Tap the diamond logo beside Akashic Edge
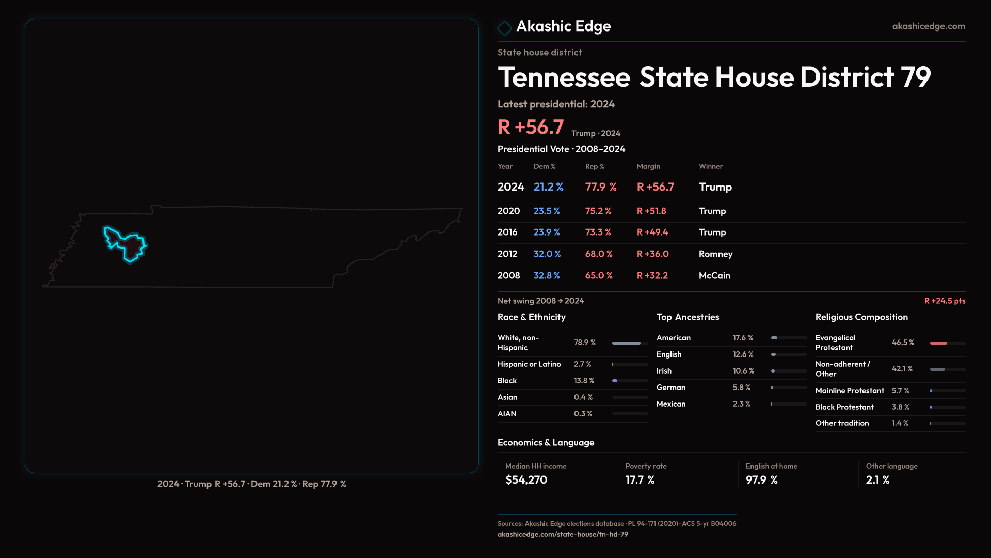(x=504, y=28)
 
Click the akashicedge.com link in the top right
(x=928, y=26)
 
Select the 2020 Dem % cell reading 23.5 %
(x=546, y=211)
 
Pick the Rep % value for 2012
(x=598, y=254)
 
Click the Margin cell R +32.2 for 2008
(x=652, y=276)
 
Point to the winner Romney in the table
(x=715, y=254)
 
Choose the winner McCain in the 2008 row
(x=714, y=276)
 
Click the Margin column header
(x=648, y=166)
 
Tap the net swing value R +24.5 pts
(x=944, y=301)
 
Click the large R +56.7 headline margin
(x=530, y=127)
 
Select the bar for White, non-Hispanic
(x=626, y=343)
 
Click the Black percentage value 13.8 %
(x=584, y=381)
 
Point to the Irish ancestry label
(x=664, y=371)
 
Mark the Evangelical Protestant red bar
(x=938, y=343)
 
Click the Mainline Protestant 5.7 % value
(x=900, y=391)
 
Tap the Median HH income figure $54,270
(x=526, y=480)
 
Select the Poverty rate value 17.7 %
(x=640, y=480)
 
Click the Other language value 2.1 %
(x=877, y=480)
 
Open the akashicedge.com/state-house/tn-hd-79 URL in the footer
(x=563, y=534)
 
